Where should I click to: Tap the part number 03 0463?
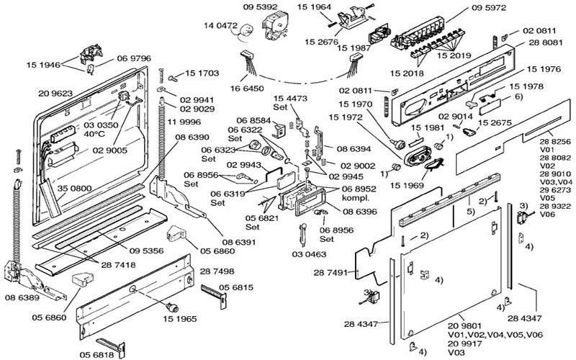click(x=307, y=254)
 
